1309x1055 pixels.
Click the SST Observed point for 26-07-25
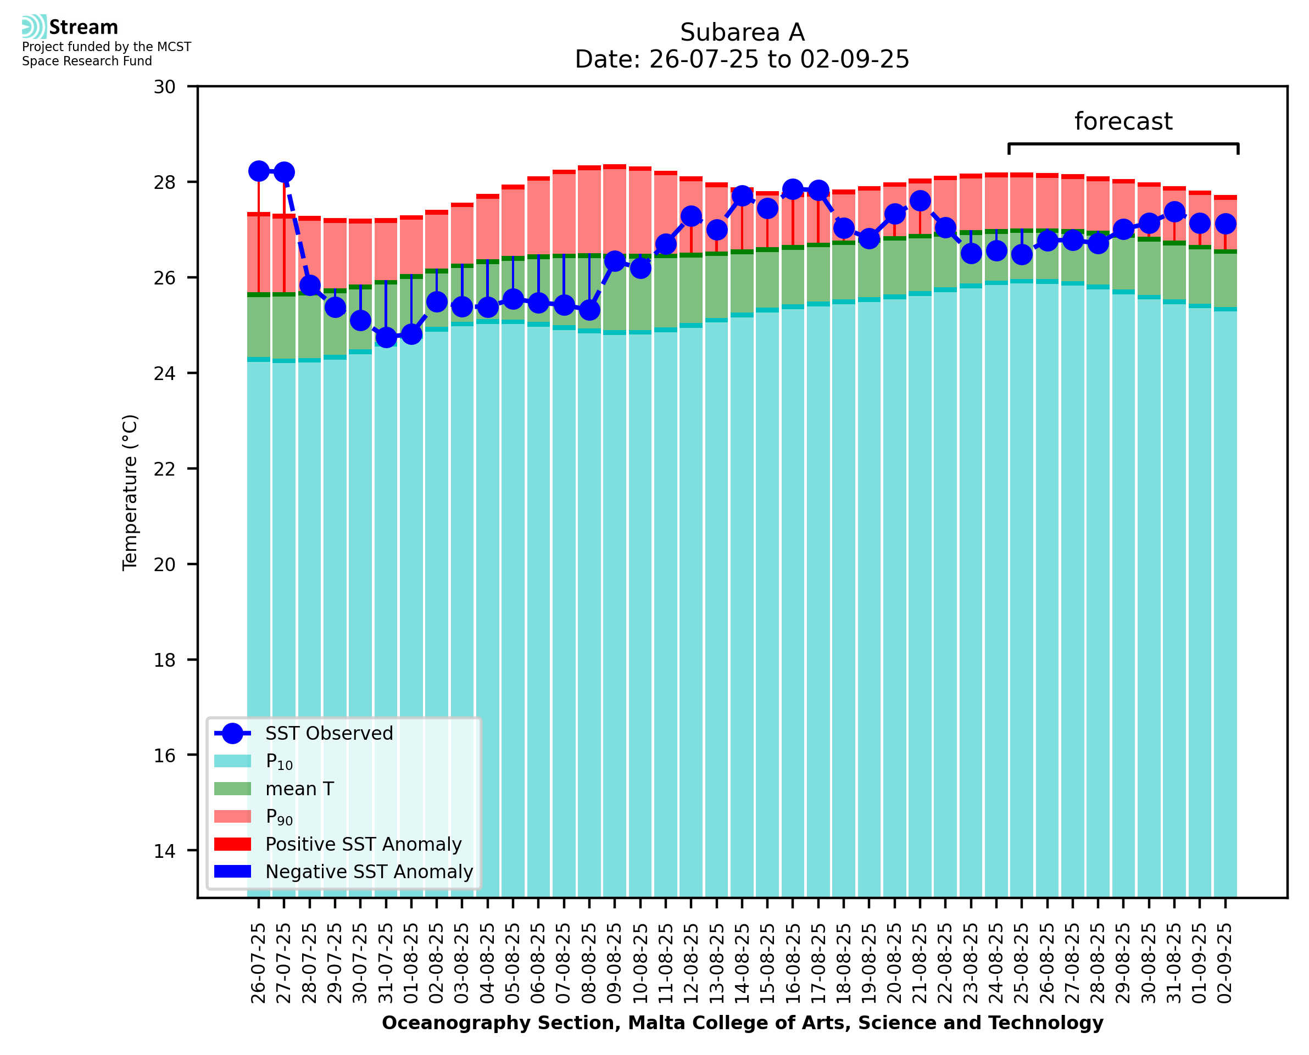tap(259, 171)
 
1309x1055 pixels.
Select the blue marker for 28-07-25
tap(310, 285)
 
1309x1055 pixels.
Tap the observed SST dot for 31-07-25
tap(386, 336)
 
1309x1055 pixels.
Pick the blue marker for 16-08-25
tap(793, 189)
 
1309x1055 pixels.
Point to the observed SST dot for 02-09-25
tap(1225, 224)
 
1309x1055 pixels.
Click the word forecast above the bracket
tap(1123, 121)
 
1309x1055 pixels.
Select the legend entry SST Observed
tap(329, 734)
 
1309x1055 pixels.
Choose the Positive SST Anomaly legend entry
tap(364, 844)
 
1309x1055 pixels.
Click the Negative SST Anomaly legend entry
tap(369, 872)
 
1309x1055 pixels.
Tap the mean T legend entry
tap(299, 789)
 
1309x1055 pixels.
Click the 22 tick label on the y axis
tap(165, 469)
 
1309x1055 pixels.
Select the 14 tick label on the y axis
tap(165, 851)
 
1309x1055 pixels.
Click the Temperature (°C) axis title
tap(130, 492)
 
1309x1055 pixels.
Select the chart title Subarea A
tap(742, 32)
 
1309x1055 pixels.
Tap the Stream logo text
tap(83, 27)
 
